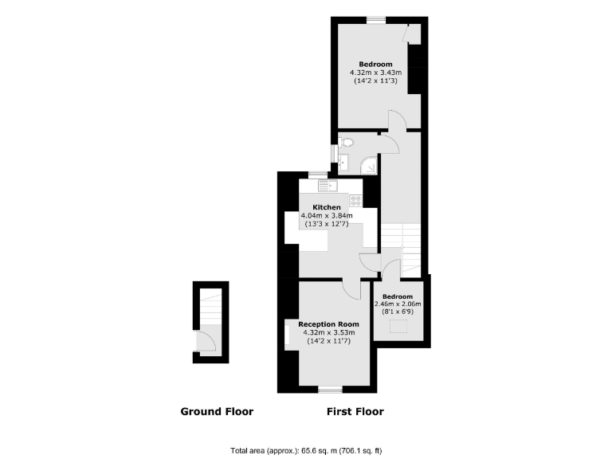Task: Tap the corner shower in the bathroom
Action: (369, 165)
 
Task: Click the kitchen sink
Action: (327, 186)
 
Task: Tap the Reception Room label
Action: (328, 324)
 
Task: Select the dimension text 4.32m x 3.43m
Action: (375, 73)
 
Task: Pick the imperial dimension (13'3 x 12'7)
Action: (324, 224)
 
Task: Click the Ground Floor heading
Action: (217, 412)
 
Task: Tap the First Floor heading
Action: (355, 412)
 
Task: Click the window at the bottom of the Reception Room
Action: (328, 389)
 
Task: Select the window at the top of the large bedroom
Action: (375, 18)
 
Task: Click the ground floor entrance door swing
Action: (206, 342)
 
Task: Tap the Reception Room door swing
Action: (350, 288)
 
